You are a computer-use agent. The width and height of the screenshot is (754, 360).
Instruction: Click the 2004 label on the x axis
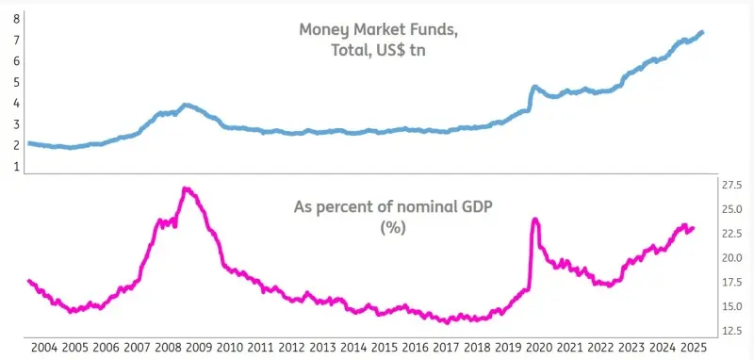(43, 347)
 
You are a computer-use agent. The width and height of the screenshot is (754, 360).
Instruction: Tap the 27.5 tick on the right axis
(731, 185)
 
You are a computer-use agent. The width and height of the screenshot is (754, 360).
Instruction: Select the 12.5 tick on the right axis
(731, 331)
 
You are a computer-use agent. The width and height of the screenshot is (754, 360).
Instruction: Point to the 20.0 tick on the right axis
(731, 257)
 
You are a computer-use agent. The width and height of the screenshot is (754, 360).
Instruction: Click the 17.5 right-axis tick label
(731, 282)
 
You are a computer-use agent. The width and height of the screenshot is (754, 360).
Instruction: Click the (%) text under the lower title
(392, 228)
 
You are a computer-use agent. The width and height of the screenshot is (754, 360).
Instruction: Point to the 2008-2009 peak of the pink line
(187, 189)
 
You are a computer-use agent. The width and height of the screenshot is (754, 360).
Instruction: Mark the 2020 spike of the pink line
(535, 220)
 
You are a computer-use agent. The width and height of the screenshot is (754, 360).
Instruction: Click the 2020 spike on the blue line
(534, 87)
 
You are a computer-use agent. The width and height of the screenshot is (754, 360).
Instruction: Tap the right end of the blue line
(702, 33)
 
